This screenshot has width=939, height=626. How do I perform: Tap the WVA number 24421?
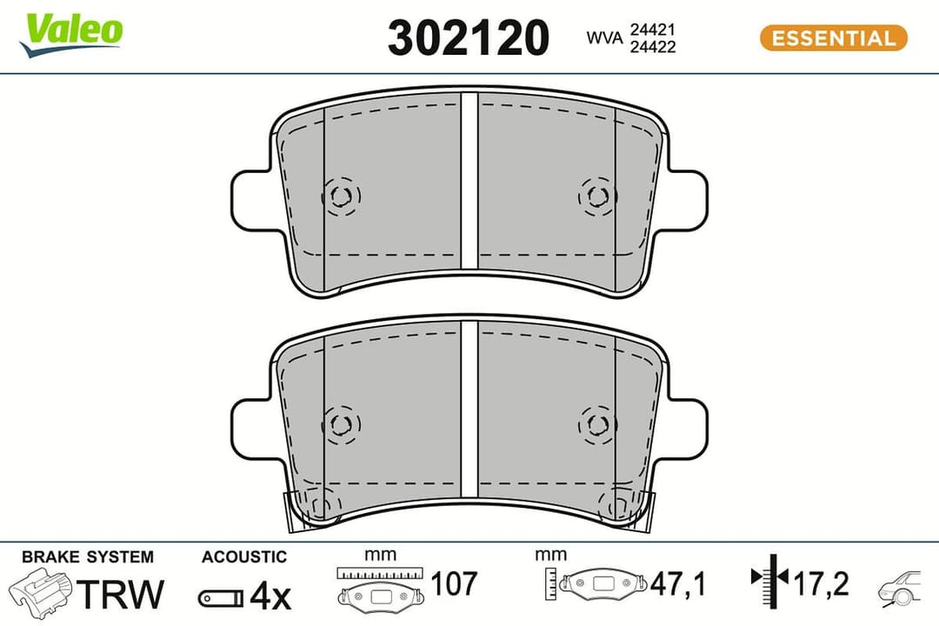653,30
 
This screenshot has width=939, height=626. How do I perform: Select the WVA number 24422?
653,47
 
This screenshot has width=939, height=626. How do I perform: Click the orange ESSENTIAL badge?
833,38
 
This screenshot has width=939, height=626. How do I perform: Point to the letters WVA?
604,38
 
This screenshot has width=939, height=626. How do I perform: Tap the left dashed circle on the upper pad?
340,196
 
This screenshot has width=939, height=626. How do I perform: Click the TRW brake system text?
121,594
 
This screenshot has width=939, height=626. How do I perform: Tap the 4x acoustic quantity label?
270,596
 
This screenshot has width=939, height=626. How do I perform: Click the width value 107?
454,584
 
